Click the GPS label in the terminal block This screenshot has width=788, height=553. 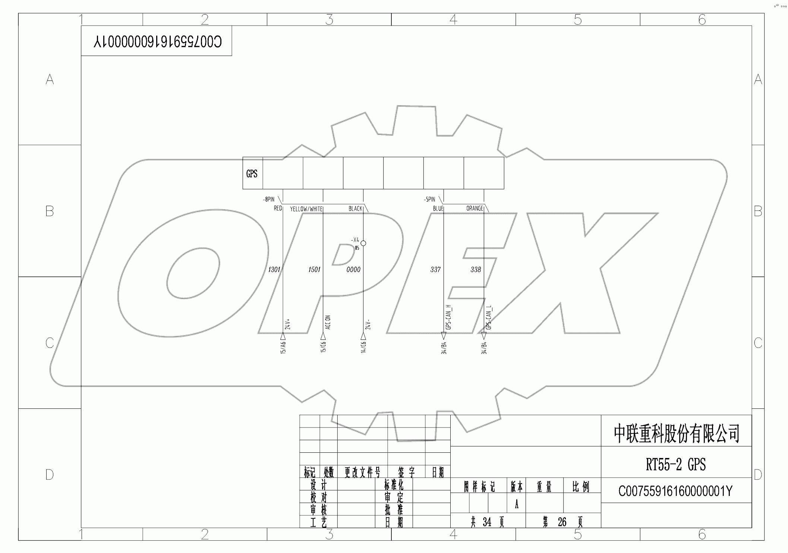252,174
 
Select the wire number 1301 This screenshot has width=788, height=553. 274,269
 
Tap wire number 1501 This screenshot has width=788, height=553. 314,269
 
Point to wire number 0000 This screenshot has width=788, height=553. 353,269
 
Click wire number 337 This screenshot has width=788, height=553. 435,269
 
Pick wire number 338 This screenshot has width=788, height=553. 476,269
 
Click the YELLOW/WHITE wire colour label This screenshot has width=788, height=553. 306,209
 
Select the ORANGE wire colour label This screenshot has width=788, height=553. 475,208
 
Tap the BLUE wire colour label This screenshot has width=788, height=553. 438,208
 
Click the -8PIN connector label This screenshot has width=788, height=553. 268,199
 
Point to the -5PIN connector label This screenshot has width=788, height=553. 429,199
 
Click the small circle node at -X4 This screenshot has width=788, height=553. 363,243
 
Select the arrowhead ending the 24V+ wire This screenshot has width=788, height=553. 283,336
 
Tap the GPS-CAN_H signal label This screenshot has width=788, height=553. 449,317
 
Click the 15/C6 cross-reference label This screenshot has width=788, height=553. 323,347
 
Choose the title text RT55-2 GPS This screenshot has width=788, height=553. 675,465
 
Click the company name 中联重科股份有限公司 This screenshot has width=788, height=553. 676,433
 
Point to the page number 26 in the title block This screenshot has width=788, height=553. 562,522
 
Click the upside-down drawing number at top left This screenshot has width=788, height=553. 157,41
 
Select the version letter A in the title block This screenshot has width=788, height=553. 516,504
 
